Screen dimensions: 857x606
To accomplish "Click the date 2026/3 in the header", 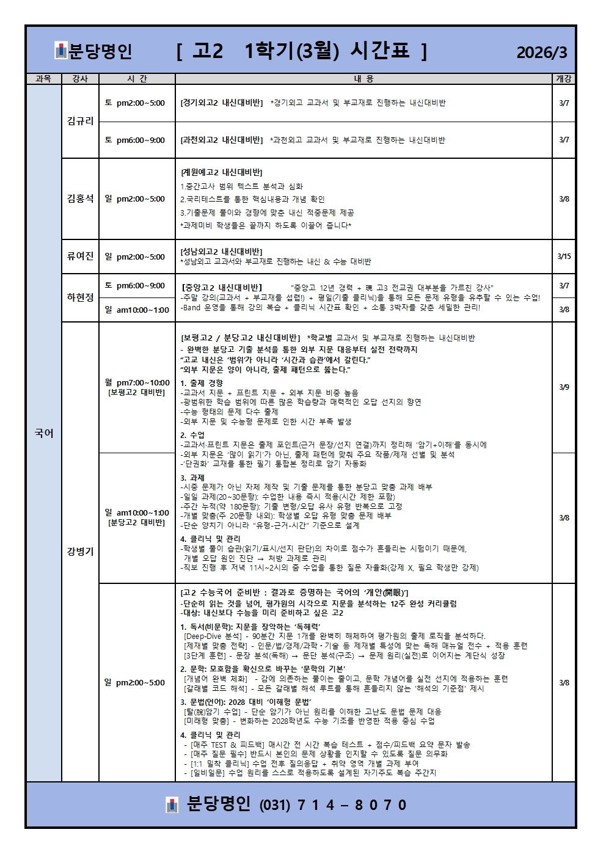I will (x=542, y=53).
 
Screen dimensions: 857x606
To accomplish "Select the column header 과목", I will (x=43, y=79).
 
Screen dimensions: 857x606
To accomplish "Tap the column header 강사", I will (x=80, y=79).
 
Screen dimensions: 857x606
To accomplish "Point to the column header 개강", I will (x=563, y=79).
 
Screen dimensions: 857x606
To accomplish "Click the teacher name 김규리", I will (x=80, y=121).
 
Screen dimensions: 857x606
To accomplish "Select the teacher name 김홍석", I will (x=80, y=199).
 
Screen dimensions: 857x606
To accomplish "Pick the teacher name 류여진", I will (x=80, y=257).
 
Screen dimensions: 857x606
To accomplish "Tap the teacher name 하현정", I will (x=80, y=297).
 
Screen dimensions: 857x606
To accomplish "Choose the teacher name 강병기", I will (x=80, y=551).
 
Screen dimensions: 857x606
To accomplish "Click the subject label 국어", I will (x=43, y=433).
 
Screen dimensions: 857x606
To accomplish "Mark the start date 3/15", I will (x=564, y=257).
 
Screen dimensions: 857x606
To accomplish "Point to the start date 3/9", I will (x=564, y=387).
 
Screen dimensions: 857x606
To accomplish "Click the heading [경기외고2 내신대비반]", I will (x=222, y=103).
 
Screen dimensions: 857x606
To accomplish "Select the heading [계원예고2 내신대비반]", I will (x=222, y=172).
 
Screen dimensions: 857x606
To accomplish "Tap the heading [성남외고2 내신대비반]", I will (x=222, y=251).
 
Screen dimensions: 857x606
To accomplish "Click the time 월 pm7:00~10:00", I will (x=137, y=383).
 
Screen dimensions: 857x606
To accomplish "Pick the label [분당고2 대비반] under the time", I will (x=137, y=523).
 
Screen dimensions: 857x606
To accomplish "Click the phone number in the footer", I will (x=334, y=805).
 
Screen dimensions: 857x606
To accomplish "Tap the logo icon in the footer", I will (x=172, y=805).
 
